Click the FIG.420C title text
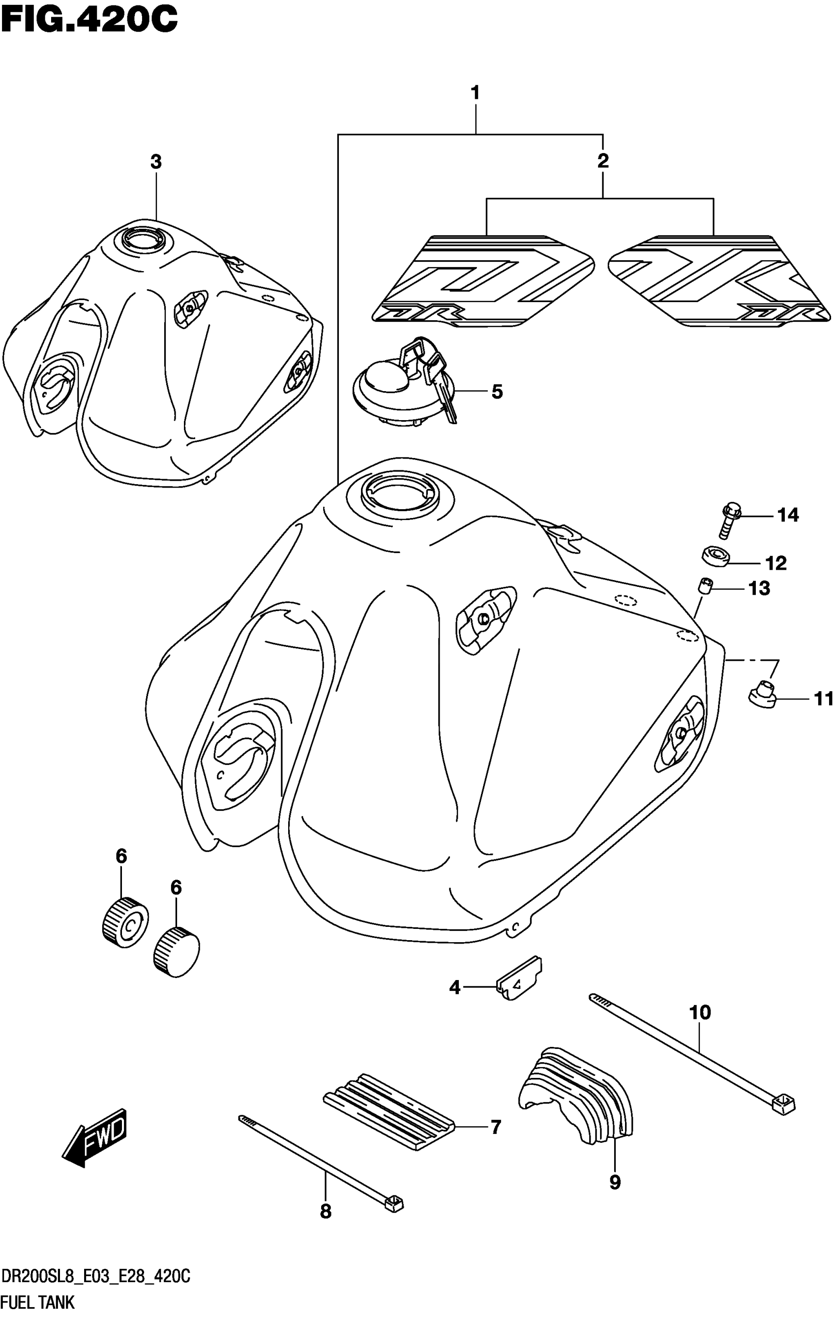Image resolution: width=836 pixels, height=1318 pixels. click(x=89, y=21)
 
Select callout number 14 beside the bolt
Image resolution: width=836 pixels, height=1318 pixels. click(x=788, y=515)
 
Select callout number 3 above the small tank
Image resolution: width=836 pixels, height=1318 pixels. click(x=156, y=162)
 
